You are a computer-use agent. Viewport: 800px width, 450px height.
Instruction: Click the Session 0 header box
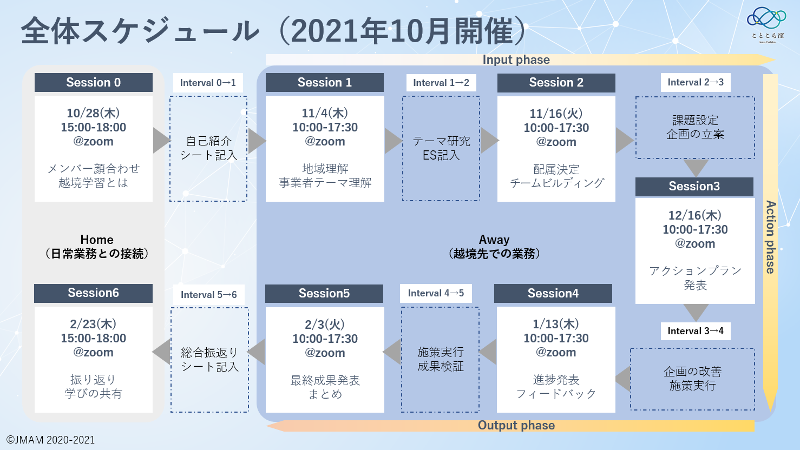point(94,82)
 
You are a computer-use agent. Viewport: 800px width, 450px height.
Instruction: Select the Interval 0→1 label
point(208,83)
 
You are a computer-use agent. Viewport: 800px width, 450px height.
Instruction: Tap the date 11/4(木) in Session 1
point(325,113)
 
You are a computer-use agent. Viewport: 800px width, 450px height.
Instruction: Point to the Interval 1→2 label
point(441,83)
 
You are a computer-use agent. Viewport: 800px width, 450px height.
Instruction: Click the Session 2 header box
point(556,83)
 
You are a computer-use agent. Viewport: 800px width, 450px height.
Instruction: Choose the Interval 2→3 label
point(696,82)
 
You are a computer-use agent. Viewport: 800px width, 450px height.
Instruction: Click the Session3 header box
point(694,187)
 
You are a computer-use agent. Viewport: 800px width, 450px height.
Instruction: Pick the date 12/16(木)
point(695,216)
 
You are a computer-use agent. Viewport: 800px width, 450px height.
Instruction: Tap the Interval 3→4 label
point(696,331)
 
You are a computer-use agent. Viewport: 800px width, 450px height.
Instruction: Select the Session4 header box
point(553,293)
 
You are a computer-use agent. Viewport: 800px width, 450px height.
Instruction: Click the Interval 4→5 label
point(436,293)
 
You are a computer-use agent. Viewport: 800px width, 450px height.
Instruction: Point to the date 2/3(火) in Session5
point(325,325)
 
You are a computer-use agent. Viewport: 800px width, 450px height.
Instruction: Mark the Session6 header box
point(93,293)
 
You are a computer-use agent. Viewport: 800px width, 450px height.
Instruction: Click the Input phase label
point(516,59)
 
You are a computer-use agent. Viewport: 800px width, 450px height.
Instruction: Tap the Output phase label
point(516,425)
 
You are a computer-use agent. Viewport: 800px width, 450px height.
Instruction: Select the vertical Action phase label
point(771,237)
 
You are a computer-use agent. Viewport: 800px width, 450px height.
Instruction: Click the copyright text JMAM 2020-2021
point(50,440)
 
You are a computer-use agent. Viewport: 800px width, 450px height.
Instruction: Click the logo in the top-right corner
point(767,24)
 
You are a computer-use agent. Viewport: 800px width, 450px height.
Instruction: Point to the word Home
point(97,240)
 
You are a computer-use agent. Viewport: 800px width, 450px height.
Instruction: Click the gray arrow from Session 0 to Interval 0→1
point(161,140)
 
